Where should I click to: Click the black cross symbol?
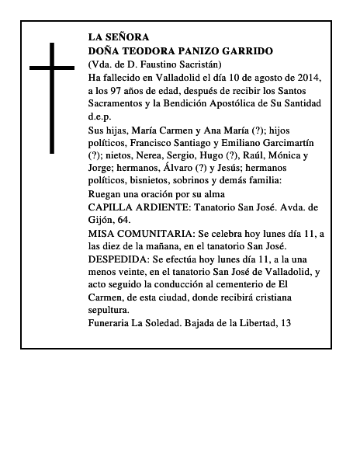point(52,97)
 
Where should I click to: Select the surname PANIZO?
point(205,50)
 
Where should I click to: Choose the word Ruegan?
point(107,193)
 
